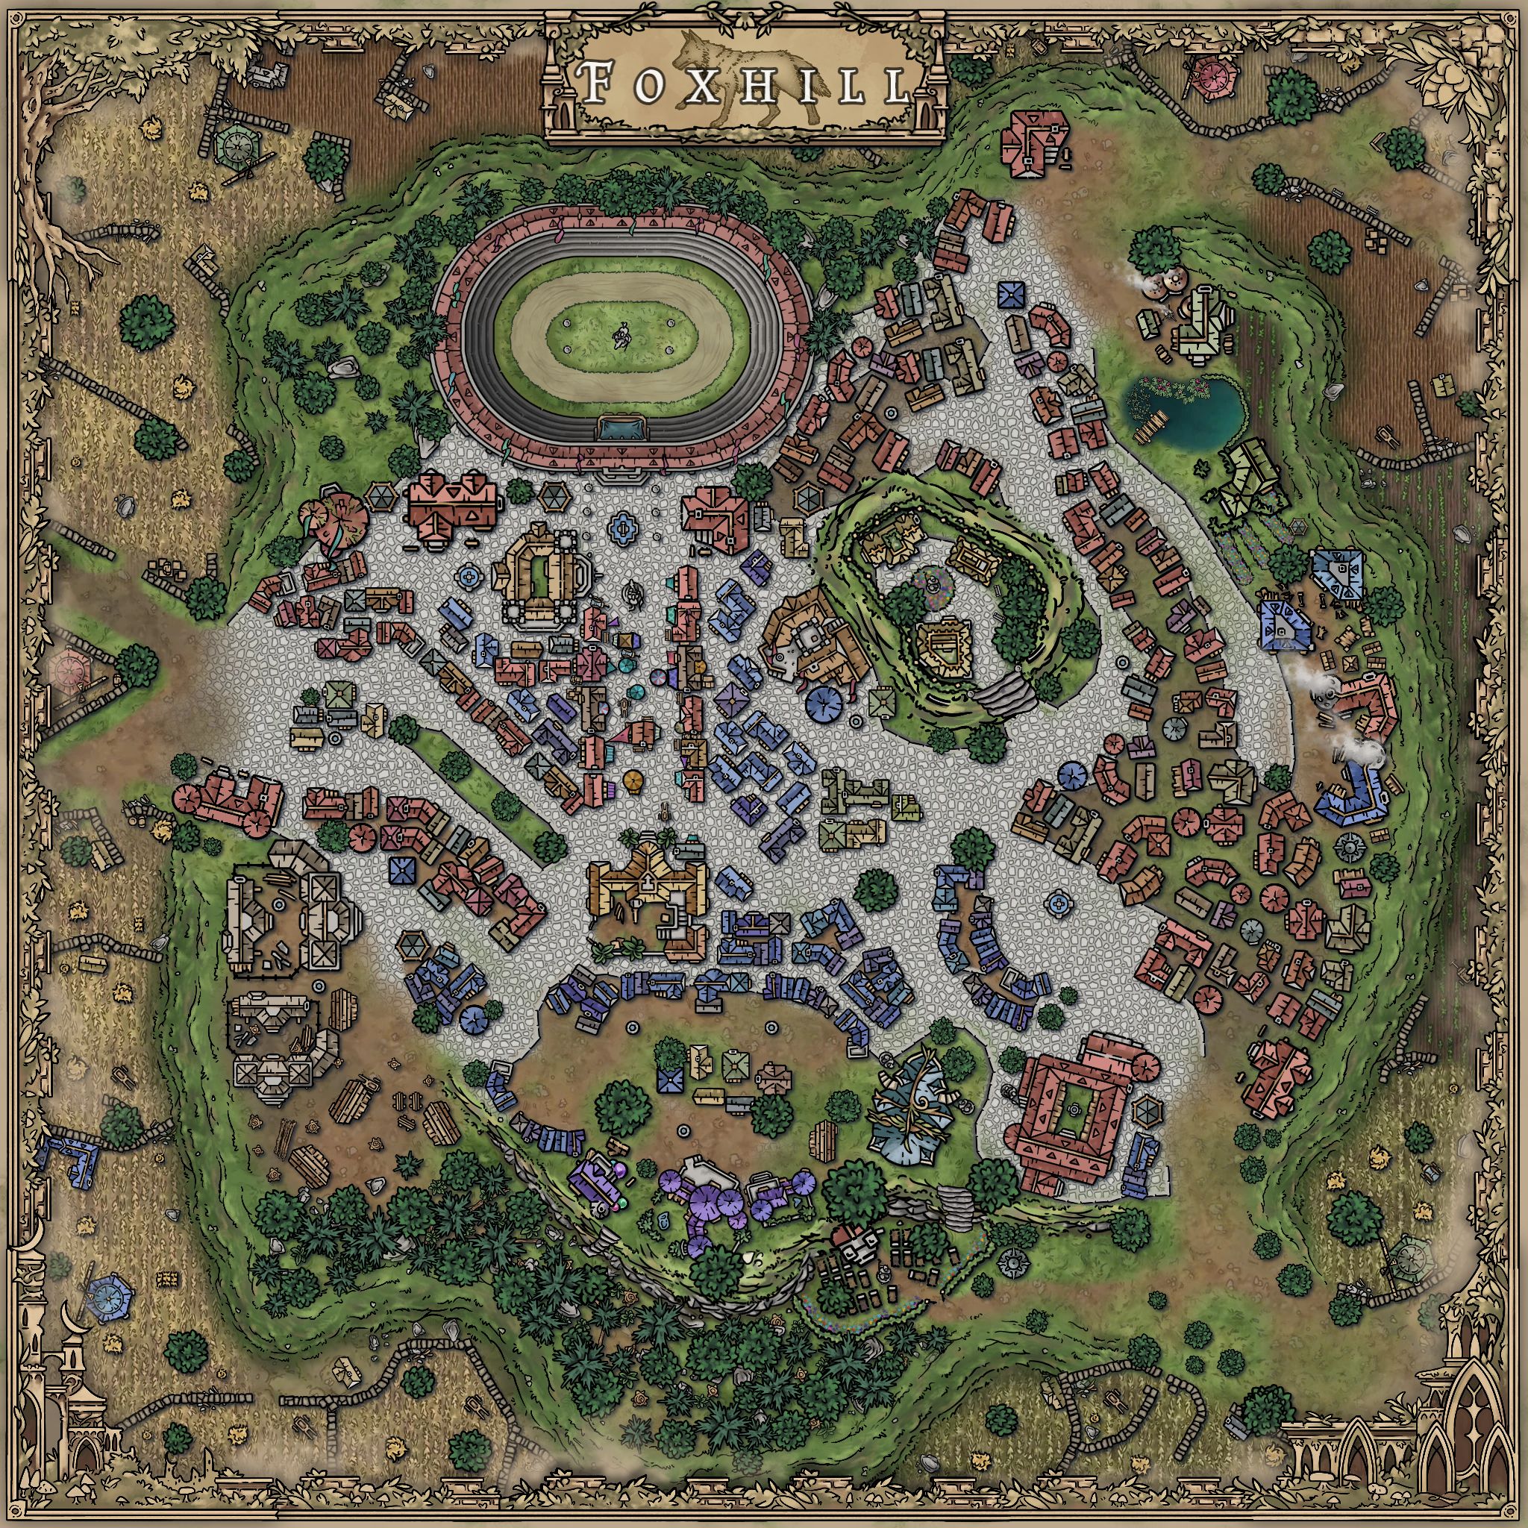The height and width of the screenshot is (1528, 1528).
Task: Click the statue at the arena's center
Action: tap(621, 338)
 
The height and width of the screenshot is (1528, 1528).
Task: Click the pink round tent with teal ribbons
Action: tap(343, 515)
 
